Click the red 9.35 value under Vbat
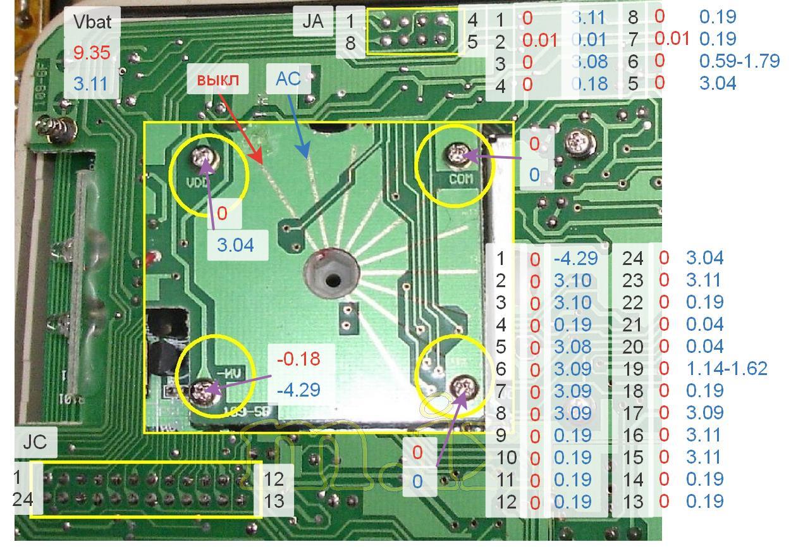92,52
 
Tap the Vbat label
92,22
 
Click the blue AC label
288,78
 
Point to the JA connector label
313,21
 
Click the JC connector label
35,441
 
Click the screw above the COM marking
457,152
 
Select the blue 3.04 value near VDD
235,245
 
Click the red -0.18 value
298,359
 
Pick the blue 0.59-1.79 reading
739,61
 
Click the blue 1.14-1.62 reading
727,369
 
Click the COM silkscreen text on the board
461,179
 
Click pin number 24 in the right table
633,258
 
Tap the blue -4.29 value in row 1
575,258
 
